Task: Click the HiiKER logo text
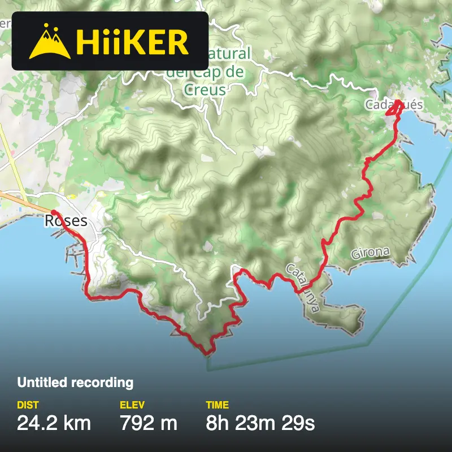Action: point(132,41)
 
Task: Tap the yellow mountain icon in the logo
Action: point(50,41)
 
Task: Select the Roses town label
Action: point(66,220)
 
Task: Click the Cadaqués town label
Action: point(394,105)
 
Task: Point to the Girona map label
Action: point(370,253)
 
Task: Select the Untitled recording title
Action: point(75,383)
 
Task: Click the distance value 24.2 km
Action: point(54,422)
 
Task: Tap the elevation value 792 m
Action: point(148,422)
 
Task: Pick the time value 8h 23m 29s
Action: point(260,422)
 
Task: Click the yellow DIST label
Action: point(28,405)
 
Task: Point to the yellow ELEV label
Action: point(132,405)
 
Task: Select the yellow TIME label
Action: point(217,405)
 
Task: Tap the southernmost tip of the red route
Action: point(207,354)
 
